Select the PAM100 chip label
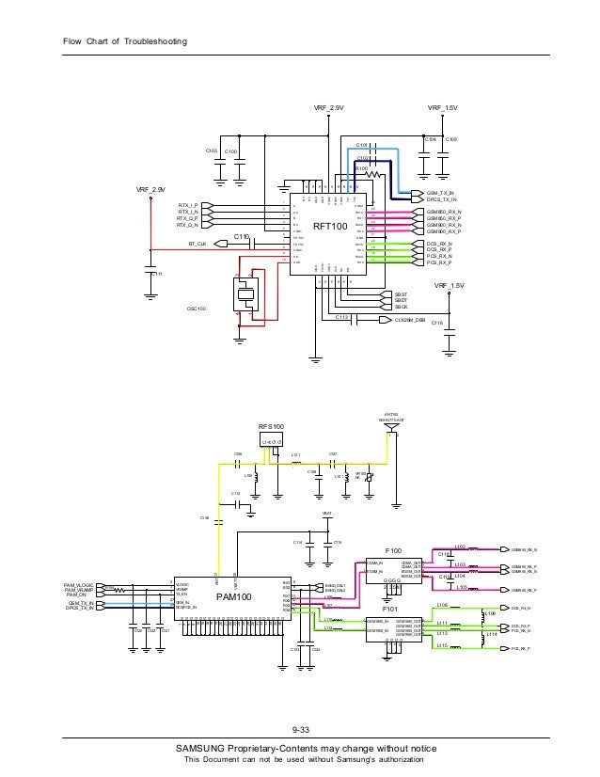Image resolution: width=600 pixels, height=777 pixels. (x=233, y=596)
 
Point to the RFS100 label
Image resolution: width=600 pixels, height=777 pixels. (x=271, y=426)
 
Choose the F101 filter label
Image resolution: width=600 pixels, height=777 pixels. (x=391, y=611)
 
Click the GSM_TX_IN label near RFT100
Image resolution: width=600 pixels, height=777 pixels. (x=434, y=192)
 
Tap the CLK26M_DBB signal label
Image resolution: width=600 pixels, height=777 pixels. (x=410, y=320)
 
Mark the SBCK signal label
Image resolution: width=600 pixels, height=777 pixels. (x=401, y=308)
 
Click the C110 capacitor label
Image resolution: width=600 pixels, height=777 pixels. (x=241, y=235)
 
